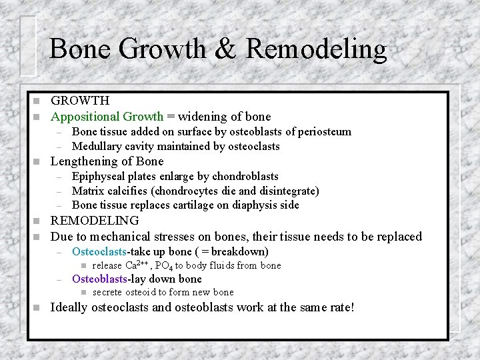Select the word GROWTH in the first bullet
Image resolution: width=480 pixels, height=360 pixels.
point(80,101)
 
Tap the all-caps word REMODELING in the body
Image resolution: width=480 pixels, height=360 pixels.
point(95,221)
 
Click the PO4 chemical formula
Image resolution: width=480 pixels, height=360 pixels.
point(163,265)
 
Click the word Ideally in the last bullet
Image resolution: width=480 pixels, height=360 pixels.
point(71,307)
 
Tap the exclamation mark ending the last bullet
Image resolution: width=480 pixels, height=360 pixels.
point(352,307)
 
